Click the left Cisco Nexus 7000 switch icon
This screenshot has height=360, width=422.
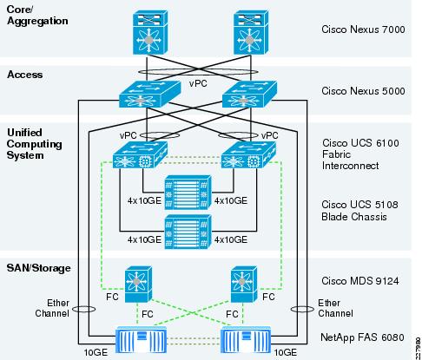150,32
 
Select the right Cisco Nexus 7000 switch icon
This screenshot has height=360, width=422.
251,32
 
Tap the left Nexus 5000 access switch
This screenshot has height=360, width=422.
149,94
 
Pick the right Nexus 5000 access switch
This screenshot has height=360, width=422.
249,94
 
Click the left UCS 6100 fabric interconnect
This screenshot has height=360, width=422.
140,154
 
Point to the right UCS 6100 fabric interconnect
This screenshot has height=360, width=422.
248,154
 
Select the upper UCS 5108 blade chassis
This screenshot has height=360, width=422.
188,193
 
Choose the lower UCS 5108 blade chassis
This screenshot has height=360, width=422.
188,232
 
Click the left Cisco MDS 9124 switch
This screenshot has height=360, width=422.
138,285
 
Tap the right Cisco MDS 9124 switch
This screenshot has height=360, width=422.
244,285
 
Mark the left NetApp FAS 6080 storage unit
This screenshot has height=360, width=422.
141,340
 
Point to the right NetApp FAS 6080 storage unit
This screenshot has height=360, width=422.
246,340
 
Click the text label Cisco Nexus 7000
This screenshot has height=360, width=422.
363,29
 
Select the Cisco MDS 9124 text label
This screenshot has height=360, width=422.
360,281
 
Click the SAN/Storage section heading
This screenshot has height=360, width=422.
38,268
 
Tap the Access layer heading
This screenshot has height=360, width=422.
25,75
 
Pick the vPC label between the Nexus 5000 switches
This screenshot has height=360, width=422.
198,83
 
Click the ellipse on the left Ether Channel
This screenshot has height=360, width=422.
83,309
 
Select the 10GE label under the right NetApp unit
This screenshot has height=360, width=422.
286,352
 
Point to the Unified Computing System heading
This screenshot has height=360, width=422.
34,144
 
